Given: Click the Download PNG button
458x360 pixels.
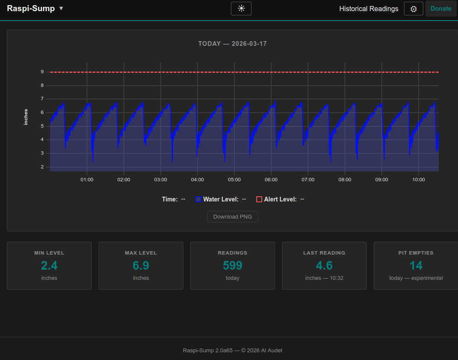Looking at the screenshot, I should (233, 216).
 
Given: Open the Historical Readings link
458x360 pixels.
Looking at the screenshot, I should (368, 9).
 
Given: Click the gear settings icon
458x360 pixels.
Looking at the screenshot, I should (413, 9).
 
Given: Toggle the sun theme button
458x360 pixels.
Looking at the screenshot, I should (241, 9).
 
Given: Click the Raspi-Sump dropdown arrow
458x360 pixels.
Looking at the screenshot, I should (61, 9).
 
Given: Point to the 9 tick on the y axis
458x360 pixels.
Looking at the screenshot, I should (42, 72).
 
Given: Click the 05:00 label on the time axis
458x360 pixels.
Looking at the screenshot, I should (234, 180).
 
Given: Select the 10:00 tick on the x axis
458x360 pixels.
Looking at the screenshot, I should (419, 180).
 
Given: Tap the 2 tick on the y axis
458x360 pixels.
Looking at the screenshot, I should (42, 167).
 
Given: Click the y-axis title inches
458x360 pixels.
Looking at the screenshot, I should (26, 117).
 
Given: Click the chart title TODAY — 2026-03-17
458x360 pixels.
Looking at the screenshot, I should (233, 44).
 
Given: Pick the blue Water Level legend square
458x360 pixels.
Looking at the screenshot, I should (198, 199).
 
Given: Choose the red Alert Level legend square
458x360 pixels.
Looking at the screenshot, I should (259, 199).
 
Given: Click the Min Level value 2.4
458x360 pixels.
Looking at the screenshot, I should (49, 266).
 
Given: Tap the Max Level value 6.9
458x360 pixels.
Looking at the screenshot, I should (141, 266).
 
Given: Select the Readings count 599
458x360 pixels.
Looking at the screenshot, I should (233, 266).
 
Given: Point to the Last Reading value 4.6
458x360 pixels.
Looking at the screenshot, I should (324, 266).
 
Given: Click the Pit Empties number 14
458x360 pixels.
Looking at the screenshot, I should (416, 266).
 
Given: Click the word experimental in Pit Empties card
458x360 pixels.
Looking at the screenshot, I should (427, 278).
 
